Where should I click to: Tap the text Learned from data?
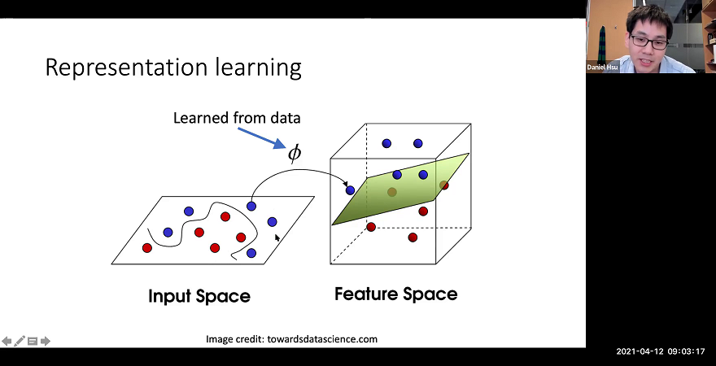tap(237, 118)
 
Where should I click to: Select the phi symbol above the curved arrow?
tap(295, 153)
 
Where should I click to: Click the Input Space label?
tap(199, 296)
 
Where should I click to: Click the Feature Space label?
tap(396, 294)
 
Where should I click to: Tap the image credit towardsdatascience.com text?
tap(291, 339)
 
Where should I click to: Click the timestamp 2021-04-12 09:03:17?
tap(660, 352)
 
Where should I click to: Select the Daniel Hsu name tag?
tap(603, 68)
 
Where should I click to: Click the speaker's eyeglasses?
tap(648, 40)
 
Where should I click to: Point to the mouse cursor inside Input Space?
tap(277, 237)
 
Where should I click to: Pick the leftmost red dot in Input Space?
tap(147, 247)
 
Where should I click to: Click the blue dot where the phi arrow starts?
tap(251, 207)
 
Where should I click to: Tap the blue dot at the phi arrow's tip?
tap(350, 190)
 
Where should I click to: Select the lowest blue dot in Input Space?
tap(251, 254)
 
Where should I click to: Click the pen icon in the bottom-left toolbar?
tap(20, 341)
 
